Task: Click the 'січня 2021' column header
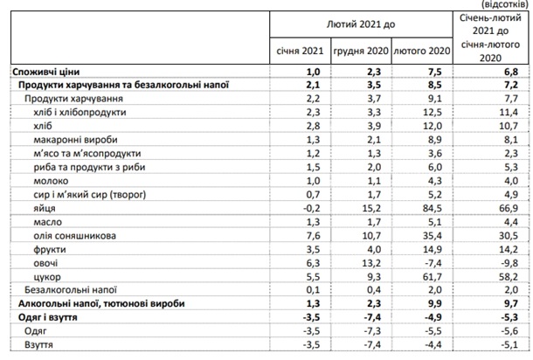pyautogui.click(x=300, y=51)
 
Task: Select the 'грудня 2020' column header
pyautogui.click(x=361, y=51)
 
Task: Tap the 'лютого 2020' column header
pyautogui.click(x=422, y=51)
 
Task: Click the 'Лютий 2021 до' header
pyautogui.click(x=361, y=24)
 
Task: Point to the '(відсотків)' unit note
pyautogui.click(x=505, y=4)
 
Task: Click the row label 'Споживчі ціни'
pyautogui.click(x=46, y=72)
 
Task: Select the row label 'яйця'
pyautogui.click(x=45, y=208)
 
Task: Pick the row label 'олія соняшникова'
pyautogui.click(x=75, y=236)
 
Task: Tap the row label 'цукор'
pyautogui.click(x=47, y=277)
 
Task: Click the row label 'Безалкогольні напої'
pyautogui.click(x=71, y=290)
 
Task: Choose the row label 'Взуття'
pyautogui.click(x=38, y=344)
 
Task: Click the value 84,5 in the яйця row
pyautogui.click(x=432, y=208)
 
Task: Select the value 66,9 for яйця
pyautogui.click(x=509, y=208)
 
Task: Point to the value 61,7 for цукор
pyautogui.click(x=432, y=277)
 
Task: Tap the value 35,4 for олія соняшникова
pyautogui.click(x=432, y=236)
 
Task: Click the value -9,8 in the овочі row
pyautogui.click(x=509, y=263)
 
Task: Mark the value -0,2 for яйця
pyautogui.click(x=311, y=208)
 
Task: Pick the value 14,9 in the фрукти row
pyautogui.click(x=432, y=249)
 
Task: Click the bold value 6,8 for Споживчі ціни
pyautogui.click(x=511, y=72)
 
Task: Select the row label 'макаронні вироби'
pyautogui.click(x=75, y=140)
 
